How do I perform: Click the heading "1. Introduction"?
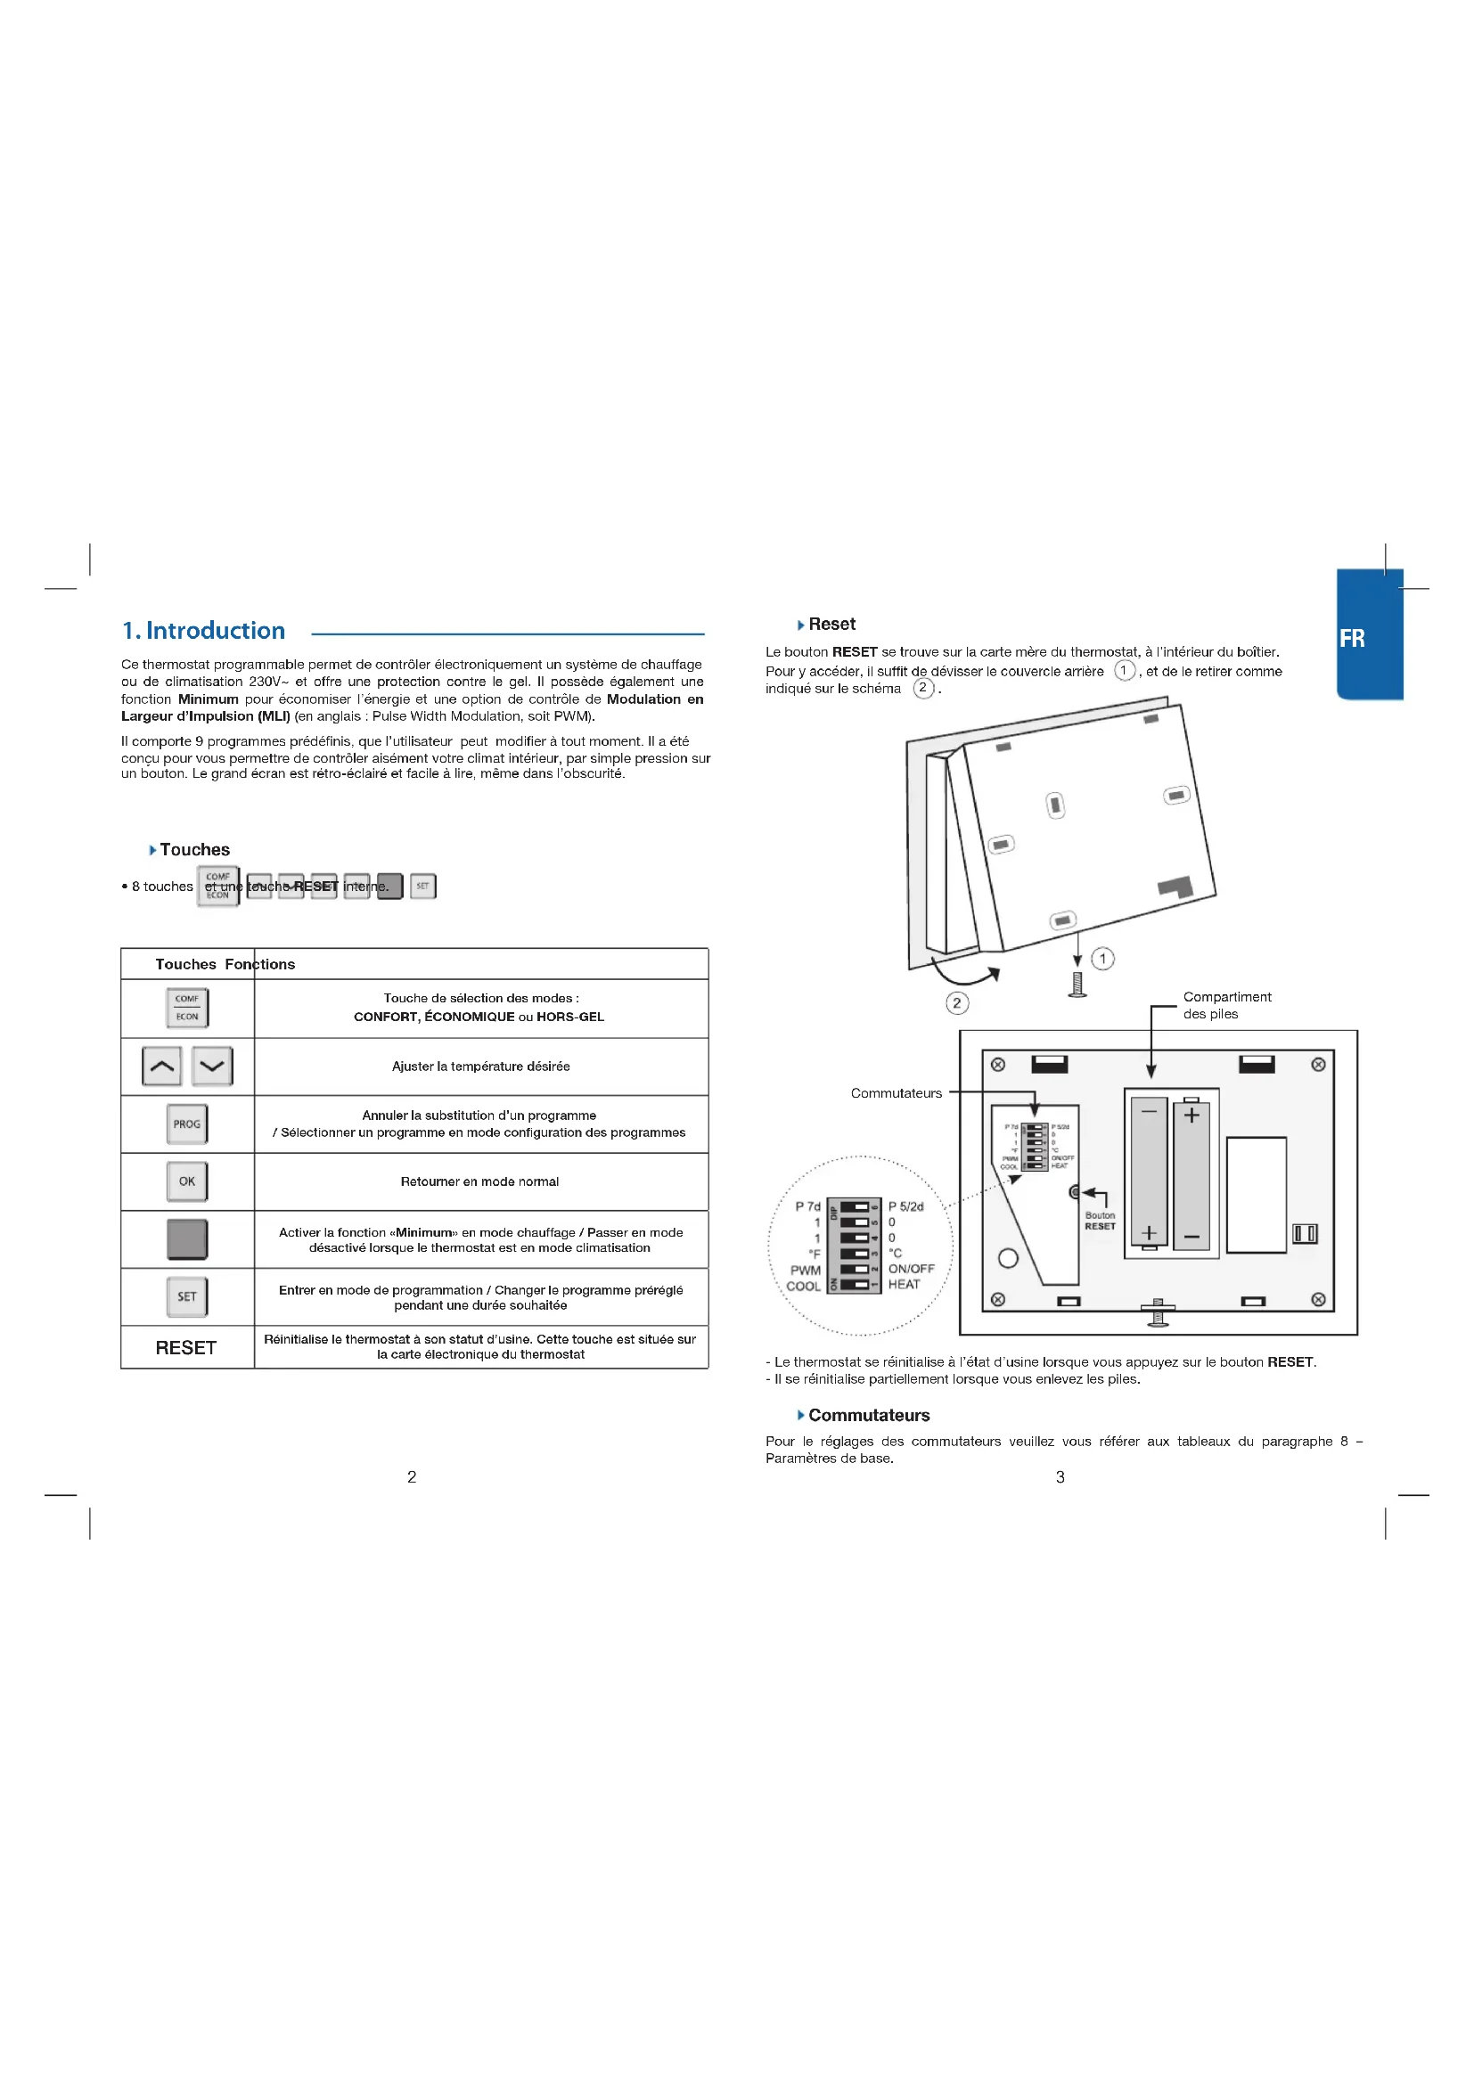pos(203,631)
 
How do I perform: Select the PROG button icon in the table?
pos(187,1124)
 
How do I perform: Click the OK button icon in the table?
pos(187,1181)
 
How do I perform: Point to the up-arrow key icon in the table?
pos(161,1066)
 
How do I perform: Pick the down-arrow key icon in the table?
pos(212,1066)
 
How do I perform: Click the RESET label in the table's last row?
pos(186,1348)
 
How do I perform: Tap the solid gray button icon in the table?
pos(187,1239)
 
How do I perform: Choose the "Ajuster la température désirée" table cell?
pos(481,1067)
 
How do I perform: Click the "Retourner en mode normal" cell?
pos(480,1181)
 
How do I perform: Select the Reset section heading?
pos(831,625)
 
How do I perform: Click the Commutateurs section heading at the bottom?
pos(869,1415)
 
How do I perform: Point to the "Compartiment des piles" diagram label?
pos(1226,1005)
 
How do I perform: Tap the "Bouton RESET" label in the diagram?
pos(1100,1221)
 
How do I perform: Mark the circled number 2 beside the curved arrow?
pos(956,1003)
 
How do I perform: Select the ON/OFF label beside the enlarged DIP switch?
pos(912,1269)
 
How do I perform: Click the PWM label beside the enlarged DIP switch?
pos(805,1271)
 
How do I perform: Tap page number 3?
pos(1060,1476)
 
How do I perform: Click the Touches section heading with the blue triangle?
pos(194,850)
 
